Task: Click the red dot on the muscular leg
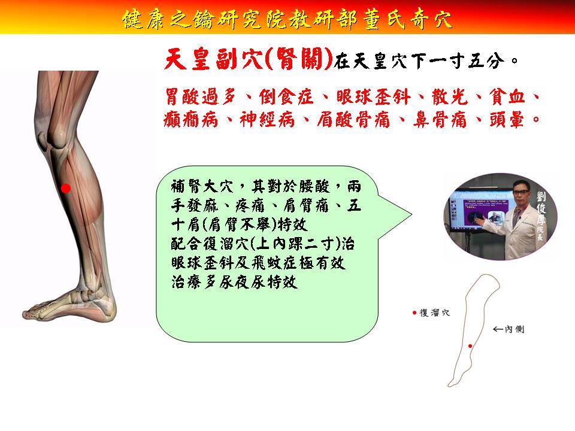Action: click(66, 189)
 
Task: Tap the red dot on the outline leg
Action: click(470, 346)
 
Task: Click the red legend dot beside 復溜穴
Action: click(414, 312)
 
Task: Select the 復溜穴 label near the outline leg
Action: click(435, 312)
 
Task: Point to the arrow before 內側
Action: click(498, 329)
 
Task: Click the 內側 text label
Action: click(515, 329)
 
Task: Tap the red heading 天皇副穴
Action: click(213, 59)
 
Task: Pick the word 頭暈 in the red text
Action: click(507, 120)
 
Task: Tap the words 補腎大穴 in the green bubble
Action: click(202, 186)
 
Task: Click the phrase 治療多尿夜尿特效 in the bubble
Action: click(234, 282)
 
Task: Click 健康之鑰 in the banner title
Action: click(168, 19)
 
